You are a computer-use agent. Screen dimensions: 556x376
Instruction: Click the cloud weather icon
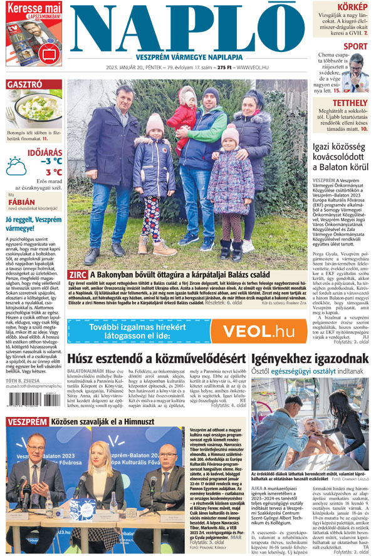coord(16,166)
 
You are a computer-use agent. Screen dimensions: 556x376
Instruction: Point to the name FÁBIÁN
coord(21,202)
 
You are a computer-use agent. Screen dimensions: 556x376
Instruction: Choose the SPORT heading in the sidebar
coord(355,46)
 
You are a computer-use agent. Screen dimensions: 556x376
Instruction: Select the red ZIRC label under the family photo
coord(78,274)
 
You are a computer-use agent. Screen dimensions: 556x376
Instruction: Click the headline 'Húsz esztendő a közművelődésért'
coord(156,359)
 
